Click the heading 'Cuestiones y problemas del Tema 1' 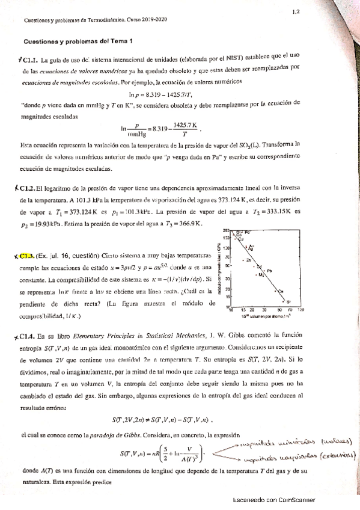click(78, 41)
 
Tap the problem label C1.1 click(30, 60)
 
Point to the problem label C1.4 click(28, 338)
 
